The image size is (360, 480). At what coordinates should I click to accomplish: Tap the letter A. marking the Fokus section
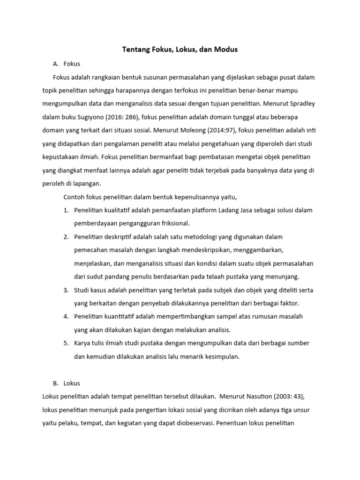57,64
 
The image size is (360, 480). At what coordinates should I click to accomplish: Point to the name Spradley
301,103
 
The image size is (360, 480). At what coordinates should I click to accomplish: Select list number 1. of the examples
66,210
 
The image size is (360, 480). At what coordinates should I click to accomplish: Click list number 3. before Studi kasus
66,290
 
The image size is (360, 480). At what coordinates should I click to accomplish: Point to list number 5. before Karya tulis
66,343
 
